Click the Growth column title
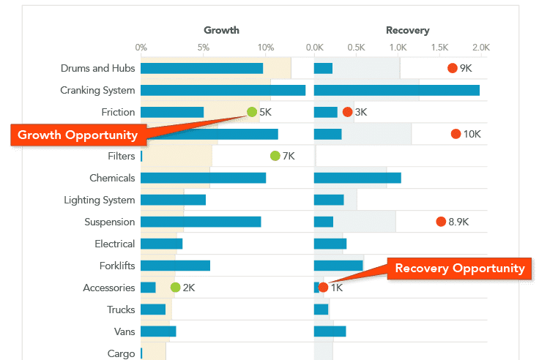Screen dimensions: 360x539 (221, 30)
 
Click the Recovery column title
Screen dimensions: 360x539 (407, 30)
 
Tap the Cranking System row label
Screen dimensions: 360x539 (97, 91)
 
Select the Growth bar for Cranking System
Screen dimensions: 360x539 (223, 91)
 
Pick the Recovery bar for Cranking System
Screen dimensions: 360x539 (396, 91)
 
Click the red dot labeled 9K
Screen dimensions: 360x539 (453, 68)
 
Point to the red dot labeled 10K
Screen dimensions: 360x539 (456, 134)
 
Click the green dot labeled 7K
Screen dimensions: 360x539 (275, 156)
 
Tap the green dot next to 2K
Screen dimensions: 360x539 (175, 288)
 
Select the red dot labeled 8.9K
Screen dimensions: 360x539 (441, 222)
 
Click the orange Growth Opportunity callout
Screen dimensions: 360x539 (78, 135)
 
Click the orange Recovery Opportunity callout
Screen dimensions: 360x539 (460, 268)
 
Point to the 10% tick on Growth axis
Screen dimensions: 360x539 (267, 48)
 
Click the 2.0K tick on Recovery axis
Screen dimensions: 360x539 (480, 48)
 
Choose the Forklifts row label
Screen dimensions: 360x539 (117, 266)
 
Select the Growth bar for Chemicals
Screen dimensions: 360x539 (203, 179)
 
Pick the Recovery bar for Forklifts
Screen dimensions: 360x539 (338, 266)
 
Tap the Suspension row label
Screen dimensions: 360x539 (110, 222)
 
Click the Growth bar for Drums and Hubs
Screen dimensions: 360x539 (201, 69)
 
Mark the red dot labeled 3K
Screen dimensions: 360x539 (347, 112)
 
